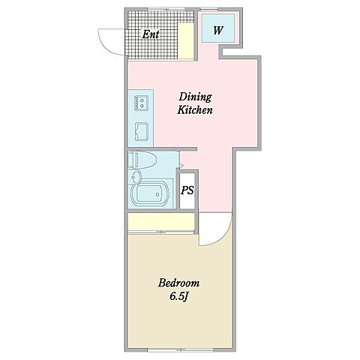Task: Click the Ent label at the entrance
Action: click(x=151, y=34)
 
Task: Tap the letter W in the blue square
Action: click(x=217, y=31)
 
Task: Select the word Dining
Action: click(x=195, y=97)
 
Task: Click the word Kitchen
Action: click(x=195, y=110)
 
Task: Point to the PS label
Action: click(x=187, y=190)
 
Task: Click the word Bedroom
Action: click(x=179, y=283)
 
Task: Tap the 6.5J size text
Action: click(x=178, y=296)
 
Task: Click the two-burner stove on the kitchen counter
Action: click(x=141, y=103)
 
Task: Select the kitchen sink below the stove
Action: click(x=142, y=131)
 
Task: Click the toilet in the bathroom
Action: click(x=142, y=160)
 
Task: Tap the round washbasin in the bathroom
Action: click(x=136, y=177)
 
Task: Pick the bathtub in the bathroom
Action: click(x=150, y=194)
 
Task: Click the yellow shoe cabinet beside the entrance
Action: click(x=186, y=41)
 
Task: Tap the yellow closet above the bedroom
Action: click(x=161, y=221)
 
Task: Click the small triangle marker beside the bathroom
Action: click(x=181, y=166)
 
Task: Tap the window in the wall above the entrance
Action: click(x=163, y=9)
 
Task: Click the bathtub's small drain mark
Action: click(x=157, y=194)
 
